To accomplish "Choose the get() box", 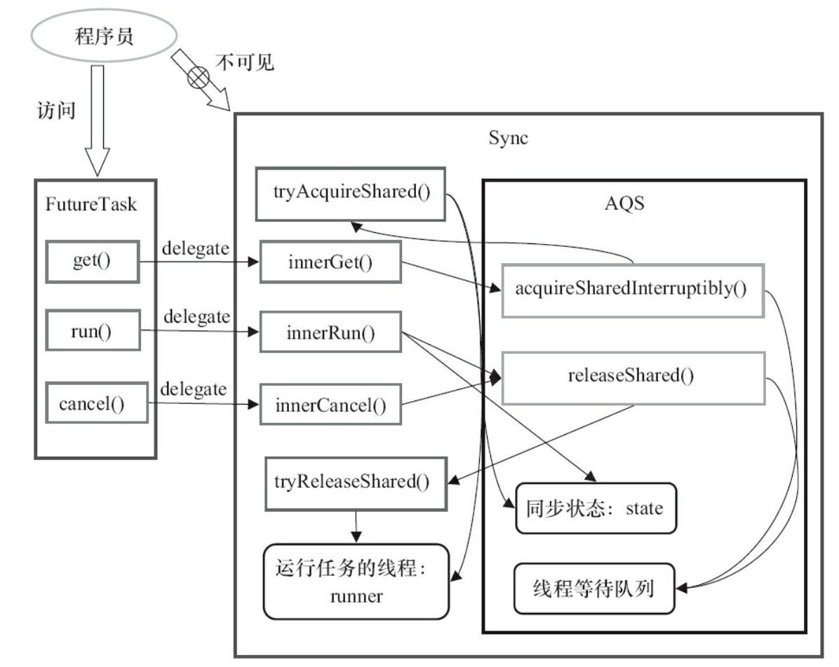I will coord(94,260).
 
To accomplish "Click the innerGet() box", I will coord(329,261).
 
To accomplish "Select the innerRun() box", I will coord(329,332).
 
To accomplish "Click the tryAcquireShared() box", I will coord(350,191).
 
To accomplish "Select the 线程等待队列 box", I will coord(594,588).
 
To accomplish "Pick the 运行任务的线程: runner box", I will coord(356,580).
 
